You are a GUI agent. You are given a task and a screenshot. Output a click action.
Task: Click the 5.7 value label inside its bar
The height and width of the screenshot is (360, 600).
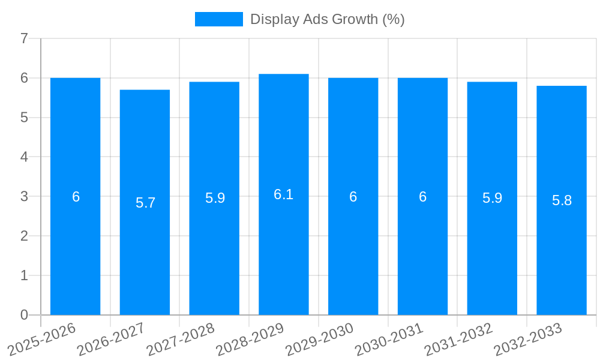(145, 203)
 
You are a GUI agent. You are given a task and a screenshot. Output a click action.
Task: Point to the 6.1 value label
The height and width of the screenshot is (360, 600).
(283, 194)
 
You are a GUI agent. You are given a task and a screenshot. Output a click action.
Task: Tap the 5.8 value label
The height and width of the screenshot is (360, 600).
(562, 200)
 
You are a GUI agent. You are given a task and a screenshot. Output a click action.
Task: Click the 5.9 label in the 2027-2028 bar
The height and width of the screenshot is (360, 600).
(215, 198)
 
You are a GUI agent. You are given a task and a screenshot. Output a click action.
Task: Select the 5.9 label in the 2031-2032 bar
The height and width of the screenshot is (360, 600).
(492, 198)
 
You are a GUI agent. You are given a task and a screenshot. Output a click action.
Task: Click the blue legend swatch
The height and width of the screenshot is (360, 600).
(218, 19)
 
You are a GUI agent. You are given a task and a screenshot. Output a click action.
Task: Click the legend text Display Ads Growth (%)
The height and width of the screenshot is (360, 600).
(327, 19)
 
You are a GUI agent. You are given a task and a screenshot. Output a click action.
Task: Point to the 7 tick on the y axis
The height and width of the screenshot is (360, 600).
(24, 38)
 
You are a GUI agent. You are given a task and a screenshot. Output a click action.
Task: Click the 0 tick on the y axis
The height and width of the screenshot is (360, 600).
(24, 315)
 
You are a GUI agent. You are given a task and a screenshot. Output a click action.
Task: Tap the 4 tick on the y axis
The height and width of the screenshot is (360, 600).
(24, 157)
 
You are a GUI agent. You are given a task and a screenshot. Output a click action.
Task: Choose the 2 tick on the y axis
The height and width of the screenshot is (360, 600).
(24, 236)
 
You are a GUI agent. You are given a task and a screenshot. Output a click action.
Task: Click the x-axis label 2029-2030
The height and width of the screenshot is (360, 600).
(320, 339)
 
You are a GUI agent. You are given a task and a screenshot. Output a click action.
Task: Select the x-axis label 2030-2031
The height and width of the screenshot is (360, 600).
(389, 339)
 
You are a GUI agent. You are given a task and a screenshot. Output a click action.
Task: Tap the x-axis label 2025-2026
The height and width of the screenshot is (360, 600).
(42, 339)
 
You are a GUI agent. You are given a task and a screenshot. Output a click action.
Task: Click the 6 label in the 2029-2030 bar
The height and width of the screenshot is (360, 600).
(353, 197)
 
